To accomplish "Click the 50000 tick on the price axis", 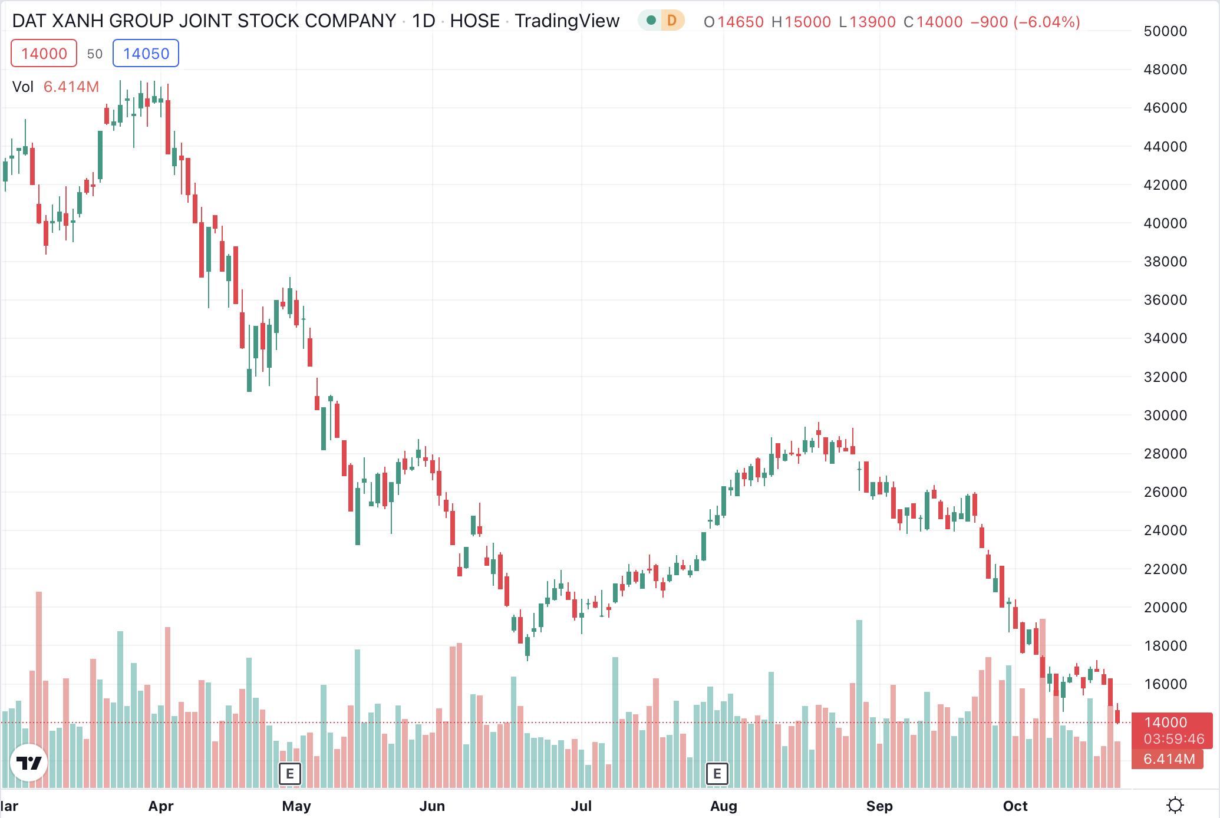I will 1165,31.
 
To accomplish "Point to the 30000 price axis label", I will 1165,415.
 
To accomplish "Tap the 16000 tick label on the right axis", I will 1165,684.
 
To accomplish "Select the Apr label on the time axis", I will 161,806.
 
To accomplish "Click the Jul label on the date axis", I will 581,806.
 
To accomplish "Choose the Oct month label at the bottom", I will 1015,806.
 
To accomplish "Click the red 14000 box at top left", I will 44,54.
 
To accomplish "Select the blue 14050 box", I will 146,54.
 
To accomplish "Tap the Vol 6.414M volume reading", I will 56,87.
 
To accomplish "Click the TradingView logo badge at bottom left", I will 29,763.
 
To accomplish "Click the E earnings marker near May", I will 289,773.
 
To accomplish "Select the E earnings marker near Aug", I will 717,773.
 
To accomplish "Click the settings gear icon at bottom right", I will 1175,805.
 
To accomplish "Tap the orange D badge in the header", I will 671,21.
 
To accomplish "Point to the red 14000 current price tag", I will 1165,722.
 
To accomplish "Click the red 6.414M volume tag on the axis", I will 1169,759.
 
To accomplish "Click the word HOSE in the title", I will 474,21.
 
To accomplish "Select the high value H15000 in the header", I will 801,22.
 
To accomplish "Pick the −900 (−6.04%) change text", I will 1025,22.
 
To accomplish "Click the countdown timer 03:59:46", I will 1173,739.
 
